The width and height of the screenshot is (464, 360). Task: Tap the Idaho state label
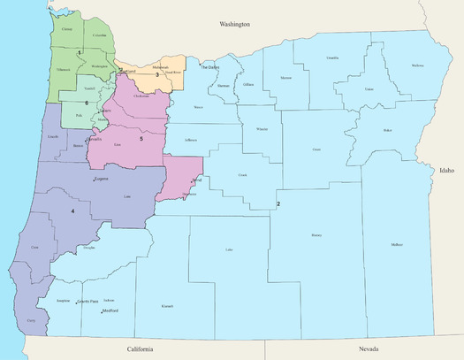click(x=445, y=169)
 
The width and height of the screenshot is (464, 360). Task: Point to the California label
click(x=140, y=349)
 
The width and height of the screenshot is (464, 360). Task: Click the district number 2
click(x=278, y=204)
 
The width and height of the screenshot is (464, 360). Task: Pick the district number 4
click(x=72, y=211)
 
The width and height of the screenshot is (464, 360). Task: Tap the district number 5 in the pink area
click(x=141, y=139)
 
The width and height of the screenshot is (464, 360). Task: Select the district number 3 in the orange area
click(x=157, y=75)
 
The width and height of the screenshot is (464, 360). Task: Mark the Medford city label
click(x=110, y=311)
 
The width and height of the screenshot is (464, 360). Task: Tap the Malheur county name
click(x=395, y=244)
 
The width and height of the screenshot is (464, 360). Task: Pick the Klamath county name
click(x=167, y=306)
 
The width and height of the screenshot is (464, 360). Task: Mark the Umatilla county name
click(x=331, y=57)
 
